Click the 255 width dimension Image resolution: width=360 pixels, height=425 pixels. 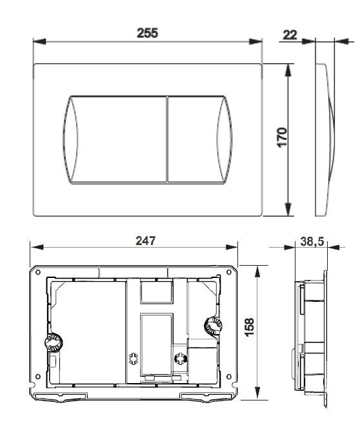pos(148,32)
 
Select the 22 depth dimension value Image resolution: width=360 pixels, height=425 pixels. pos(290,34)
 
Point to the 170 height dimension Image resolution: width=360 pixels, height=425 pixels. pos(282,139)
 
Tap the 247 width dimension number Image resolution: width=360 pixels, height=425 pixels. pos(145,240)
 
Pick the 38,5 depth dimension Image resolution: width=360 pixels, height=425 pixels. pos(313,243)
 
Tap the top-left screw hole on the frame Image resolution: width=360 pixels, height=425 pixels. pos(38,272)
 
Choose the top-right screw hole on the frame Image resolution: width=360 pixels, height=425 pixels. pos(229,272)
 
